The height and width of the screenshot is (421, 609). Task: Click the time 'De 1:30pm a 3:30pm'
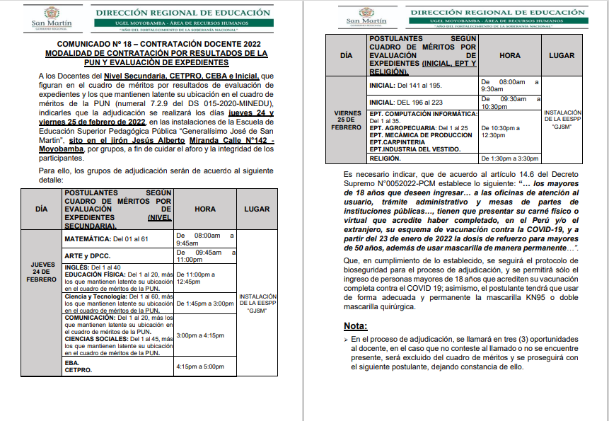[509, 158]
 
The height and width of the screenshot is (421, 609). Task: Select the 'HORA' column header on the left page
[205, 210]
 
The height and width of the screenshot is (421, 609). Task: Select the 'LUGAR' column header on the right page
[562, 54]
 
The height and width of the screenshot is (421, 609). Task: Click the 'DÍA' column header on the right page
[346, 54]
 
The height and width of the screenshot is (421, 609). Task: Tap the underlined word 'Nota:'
[356, 326]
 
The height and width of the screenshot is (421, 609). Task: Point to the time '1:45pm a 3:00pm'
[204, 304]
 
